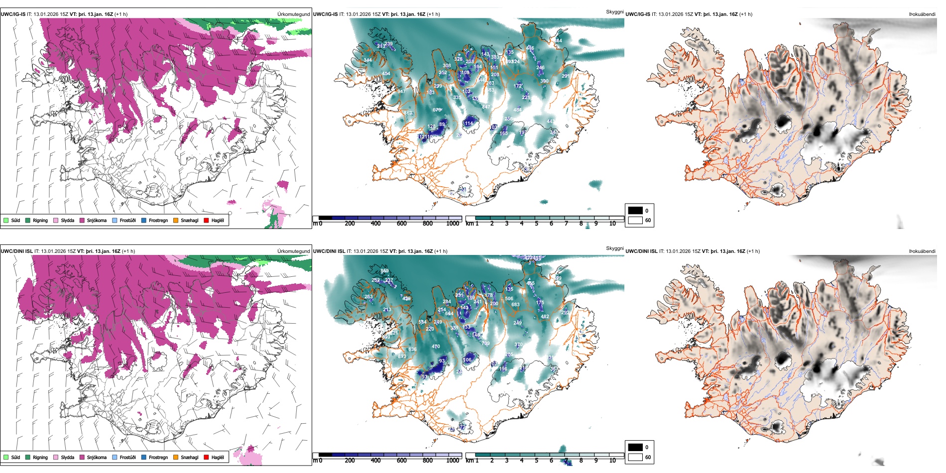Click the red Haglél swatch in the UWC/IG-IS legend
click(206, 220)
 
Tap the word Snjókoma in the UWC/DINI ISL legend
click(97, 457)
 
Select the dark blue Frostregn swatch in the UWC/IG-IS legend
click(144, 220)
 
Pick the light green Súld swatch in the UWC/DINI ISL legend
click(6, 457)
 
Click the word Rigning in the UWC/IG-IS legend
click(40, 220)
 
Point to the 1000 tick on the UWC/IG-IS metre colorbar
click(453, 224)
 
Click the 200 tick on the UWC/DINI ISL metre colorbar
click(350, 461)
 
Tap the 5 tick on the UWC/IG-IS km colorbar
click(537, 224)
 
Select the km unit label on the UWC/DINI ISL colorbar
click(470, 461)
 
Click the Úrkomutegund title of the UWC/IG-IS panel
click(293, 14)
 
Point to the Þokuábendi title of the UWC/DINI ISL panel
click(922, 251)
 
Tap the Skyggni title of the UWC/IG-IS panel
click(614, 11)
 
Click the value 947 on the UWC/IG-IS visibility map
click(401, 92)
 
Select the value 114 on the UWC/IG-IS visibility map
click(469, 123)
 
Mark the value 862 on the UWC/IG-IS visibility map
click(408, 113)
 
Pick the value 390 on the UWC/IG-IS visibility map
click(544, 81)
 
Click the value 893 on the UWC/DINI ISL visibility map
click(402, 356)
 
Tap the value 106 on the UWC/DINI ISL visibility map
click(467, 360)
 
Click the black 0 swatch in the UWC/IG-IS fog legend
click(635, 211)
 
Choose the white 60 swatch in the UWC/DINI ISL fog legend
click(635, 457)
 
